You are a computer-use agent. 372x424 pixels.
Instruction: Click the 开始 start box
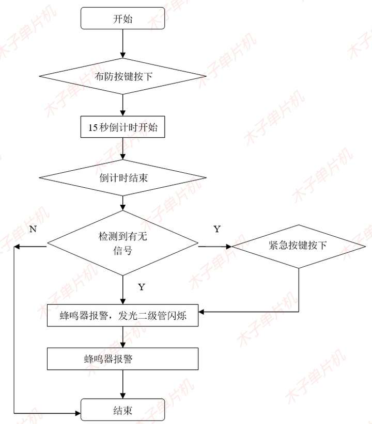tap(122, 20)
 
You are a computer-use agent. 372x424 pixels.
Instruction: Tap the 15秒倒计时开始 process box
tap(122, 127)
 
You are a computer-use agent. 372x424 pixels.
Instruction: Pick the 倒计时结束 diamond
tap(123, 178)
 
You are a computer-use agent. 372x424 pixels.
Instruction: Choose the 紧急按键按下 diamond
tap(298, 246)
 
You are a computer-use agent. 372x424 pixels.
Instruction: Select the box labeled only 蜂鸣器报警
tap(123, 358)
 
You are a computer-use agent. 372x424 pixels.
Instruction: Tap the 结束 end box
tap(122, 410)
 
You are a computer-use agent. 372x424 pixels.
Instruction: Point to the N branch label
tap(33, 229)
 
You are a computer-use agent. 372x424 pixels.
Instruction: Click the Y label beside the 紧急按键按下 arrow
tap(216, 229)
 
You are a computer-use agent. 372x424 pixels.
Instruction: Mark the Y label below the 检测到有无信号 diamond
tap(141, 287)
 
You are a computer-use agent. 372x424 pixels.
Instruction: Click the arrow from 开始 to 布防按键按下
tap(122, 44)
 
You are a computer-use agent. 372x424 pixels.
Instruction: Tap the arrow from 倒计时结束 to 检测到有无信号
tap(122, 203)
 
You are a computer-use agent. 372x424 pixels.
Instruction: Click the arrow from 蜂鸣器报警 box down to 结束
tap(122, 384)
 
